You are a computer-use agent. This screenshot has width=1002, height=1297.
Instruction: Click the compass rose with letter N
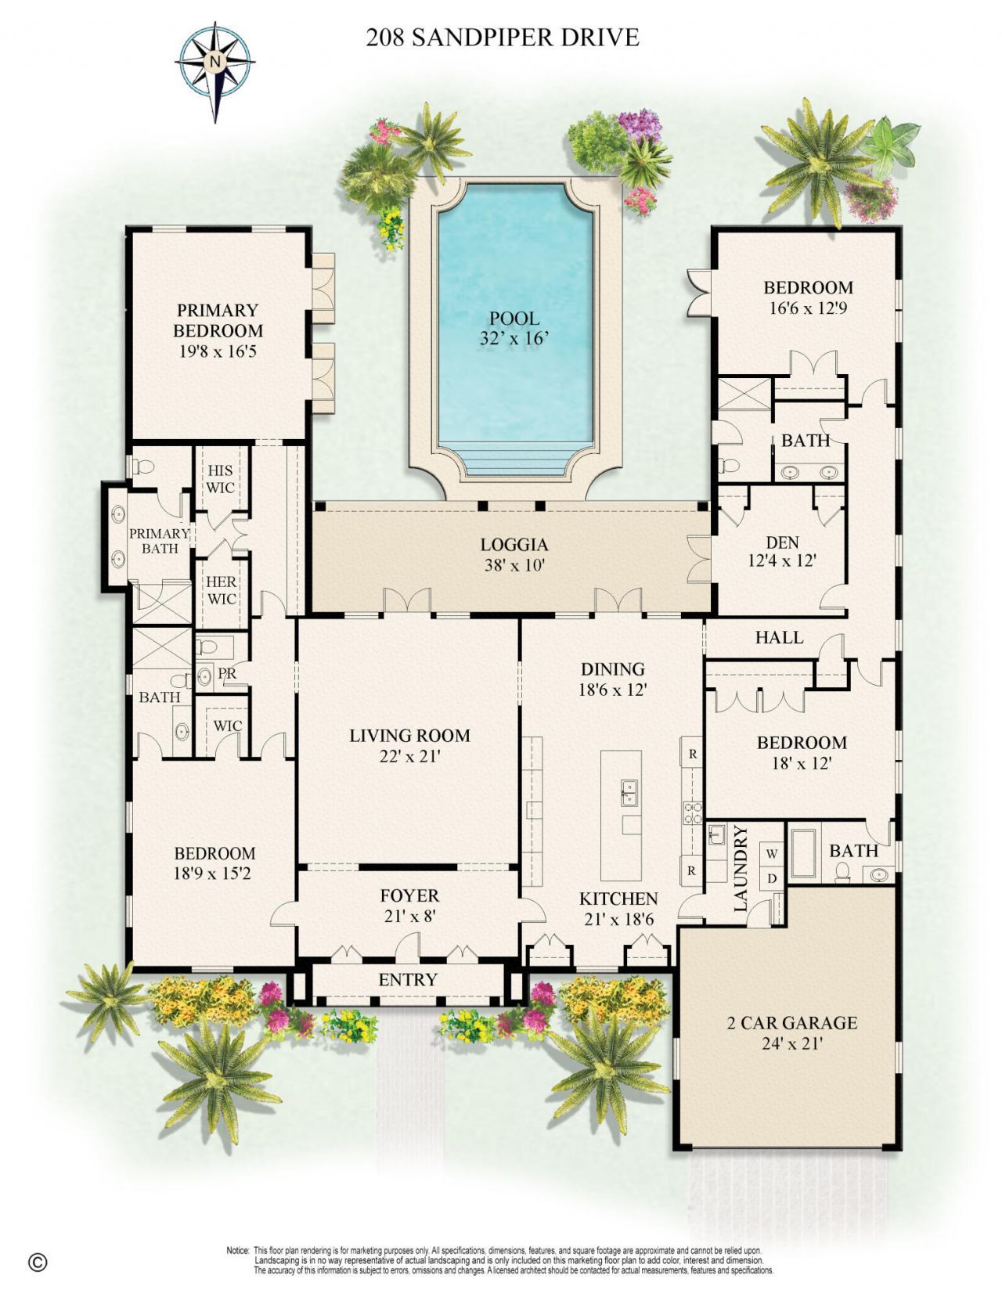pos(215,61)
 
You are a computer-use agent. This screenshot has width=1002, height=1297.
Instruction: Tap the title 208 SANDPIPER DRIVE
pos(502,37)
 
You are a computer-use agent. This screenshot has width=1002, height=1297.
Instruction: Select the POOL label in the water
pos(514,319)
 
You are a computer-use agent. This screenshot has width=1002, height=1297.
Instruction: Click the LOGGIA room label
pos(514,545)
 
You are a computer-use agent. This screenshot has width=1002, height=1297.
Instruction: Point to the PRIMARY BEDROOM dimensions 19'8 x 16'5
pos(218,351)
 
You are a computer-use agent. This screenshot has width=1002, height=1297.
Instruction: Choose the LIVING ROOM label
pos(409,736)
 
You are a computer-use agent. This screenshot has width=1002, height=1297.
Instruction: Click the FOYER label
pos(409,895)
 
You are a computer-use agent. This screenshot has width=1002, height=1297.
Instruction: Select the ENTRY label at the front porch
pos(408,980)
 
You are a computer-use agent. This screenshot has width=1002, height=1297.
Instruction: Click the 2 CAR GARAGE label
pos(791,1022)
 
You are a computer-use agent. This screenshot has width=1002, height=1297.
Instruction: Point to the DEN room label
pos(782,542)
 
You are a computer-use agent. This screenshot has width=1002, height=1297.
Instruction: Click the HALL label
pos(779,637)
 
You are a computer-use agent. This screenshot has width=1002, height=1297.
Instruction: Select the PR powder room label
pos(227,673)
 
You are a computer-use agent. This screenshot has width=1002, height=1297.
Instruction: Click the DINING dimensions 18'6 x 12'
pos(613,690)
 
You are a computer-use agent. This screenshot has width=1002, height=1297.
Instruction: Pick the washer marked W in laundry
pos(772,852)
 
